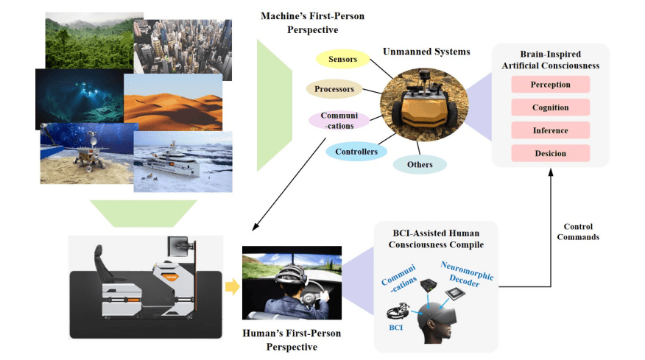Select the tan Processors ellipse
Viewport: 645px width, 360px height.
(x=334, y=90)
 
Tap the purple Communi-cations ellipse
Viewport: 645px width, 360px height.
(x=339, y=121)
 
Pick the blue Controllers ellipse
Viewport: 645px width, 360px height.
(x=356, y=152)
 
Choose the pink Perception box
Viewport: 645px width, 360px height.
(x=550, y=85)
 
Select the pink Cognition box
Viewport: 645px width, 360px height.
(x=550, y=107)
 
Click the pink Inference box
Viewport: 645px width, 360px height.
(x=550, y=130)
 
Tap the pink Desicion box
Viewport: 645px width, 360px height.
(x=550, y=153)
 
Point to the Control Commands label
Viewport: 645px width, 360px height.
(x=578, y=232)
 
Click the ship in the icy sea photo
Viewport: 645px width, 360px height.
(x=183, y=162)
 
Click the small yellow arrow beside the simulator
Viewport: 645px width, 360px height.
(x=231, y=286)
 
